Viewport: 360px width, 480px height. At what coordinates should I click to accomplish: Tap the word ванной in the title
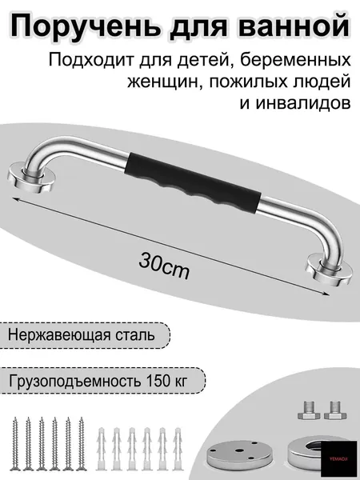294,25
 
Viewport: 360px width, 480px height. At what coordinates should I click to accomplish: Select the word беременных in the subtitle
295,60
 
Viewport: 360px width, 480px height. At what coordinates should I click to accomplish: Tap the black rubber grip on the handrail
193,182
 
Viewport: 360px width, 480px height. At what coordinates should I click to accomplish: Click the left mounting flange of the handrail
31,178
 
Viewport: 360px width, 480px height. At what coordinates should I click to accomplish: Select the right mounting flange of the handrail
329,270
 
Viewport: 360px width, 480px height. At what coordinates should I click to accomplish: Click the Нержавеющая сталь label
81,334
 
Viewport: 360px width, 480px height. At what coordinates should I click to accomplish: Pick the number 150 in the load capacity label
158,381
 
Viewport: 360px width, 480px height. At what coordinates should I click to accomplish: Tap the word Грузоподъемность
75,382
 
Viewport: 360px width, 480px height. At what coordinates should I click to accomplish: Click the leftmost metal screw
15,443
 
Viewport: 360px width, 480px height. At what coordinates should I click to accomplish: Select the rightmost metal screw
81,443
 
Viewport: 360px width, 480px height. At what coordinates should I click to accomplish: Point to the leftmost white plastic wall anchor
101,449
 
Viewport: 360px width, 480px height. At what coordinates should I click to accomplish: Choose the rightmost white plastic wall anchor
178,449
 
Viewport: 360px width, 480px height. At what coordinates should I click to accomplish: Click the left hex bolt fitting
309,410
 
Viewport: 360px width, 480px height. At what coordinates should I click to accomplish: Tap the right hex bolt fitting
335,410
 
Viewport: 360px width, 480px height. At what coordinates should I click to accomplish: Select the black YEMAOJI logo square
339,458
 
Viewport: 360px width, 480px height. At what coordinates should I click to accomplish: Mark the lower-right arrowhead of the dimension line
327,294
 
